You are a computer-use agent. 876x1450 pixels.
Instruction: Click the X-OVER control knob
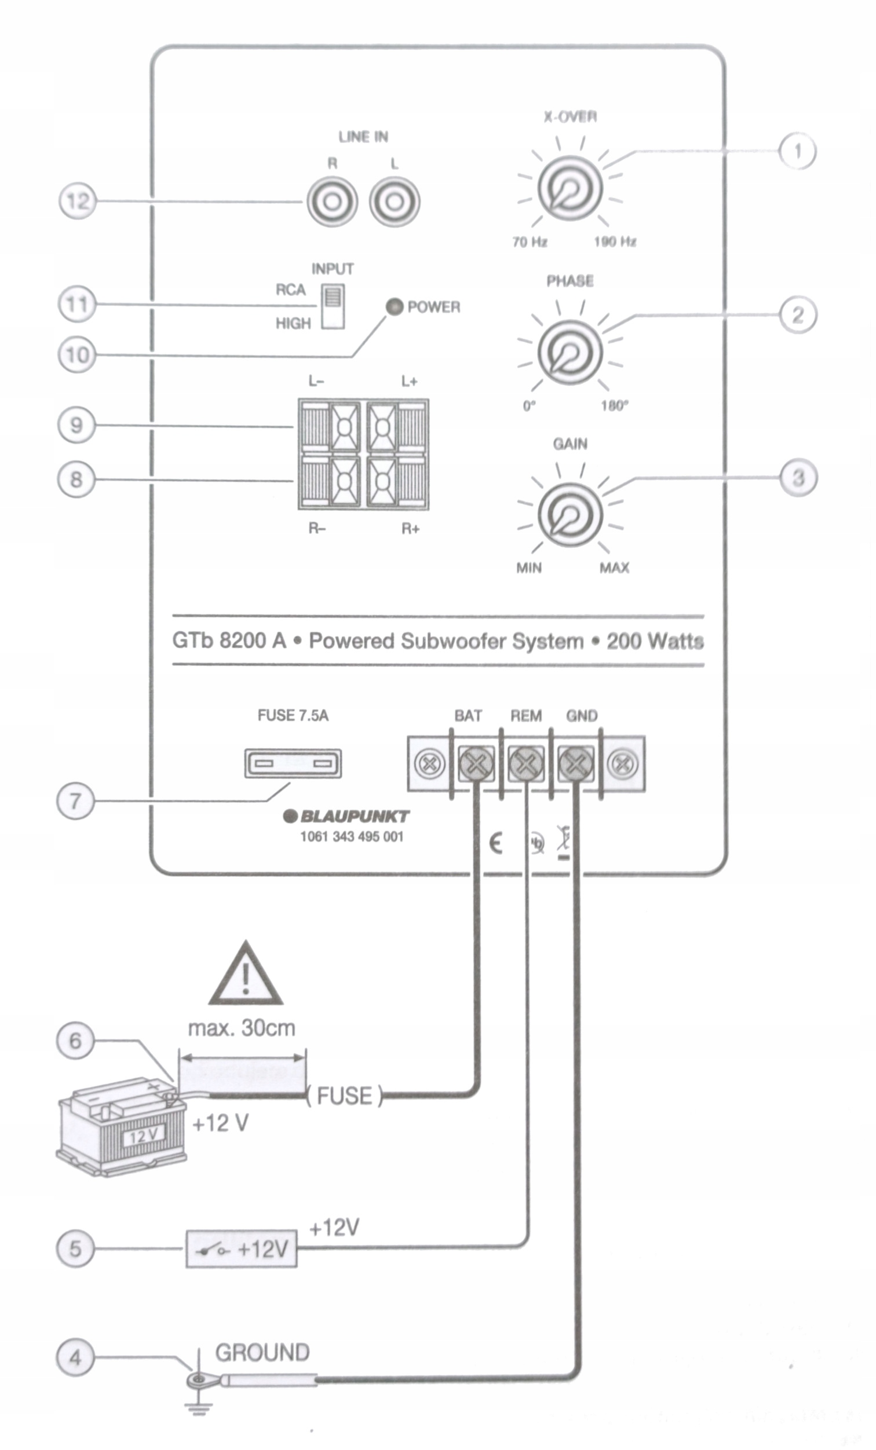point(570,188)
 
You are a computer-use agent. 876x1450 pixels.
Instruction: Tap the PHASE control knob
point(570,352)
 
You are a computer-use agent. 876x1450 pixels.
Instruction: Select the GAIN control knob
point(570,515)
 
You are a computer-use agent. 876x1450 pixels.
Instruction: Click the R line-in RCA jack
point(332,202)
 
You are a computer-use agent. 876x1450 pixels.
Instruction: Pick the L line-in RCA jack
point(395,202)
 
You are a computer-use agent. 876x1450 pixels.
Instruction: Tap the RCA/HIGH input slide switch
point(333,306)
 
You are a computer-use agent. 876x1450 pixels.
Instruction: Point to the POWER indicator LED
point(394,306)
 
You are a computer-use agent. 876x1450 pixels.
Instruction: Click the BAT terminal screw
point(476,764)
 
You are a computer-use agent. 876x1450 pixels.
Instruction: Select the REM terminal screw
point(525,764)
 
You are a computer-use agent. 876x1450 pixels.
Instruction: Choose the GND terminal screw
point(575,764)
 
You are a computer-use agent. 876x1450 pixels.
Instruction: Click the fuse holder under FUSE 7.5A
point(293,764)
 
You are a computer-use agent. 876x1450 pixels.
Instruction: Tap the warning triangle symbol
point(246,976)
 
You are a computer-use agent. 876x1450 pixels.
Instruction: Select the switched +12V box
point(242,1248)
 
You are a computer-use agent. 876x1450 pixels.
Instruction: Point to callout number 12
point(77,202)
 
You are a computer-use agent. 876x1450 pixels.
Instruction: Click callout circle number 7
point(75,801)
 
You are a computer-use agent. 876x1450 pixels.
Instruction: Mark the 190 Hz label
point(615,242)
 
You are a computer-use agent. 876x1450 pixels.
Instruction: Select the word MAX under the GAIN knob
point(614,568)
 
